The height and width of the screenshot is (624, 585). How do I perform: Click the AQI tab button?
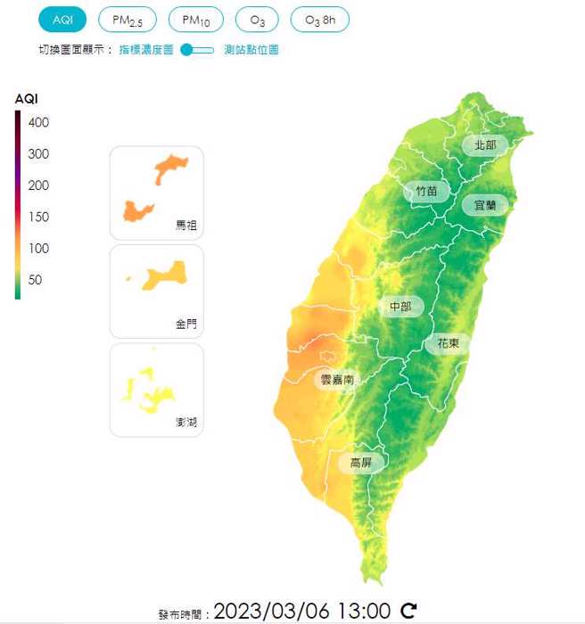62,20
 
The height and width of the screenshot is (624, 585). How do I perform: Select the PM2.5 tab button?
127,20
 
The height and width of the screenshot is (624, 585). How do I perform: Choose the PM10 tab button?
195,20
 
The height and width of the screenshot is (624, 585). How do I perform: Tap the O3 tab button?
257,20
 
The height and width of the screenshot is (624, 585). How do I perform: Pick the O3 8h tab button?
320,20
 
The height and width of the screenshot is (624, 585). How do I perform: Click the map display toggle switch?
197,50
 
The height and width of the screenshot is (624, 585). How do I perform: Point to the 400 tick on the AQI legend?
38,122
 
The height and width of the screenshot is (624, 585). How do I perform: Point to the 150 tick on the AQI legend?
38,217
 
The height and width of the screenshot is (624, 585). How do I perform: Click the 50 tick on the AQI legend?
35,280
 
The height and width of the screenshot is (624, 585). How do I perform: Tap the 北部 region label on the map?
485,144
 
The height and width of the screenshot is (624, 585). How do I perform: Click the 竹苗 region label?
426,191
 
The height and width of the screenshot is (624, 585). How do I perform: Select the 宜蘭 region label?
485,205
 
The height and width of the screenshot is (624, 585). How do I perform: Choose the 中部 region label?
400,308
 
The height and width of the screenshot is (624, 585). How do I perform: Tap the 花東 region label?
448,343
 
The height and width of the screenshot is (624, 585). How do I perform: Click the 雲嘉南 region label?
337,380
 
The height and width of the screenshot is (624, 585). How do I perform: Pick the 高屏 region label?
360,463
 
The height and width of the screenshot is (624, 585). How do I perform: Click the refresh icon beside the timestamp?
408,611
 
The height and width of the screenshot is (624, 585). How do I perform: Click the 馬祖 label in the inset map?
186,226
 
